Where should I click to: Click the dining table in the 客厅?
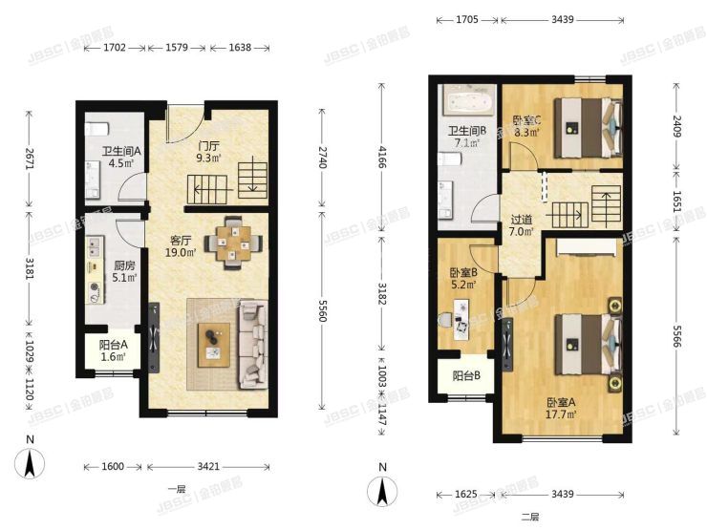click(x=233, y=244)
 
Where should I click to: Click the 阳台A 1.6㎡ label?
click(x=113, y=351)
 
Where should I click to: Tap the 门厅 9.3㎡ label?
click(x=208, y=152)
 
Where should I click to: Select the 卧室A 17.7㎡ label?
click(x=561, y=409)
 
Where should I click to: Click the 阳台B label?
click(x=466, y=375)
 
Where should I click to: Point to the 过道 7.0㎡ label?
click(x=522, y=225)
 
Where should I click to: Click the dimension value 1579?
click(x=177, y=47)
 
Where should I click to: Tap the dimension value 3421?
click(x=208, y=466)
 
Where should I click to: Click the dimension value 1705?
click(x=467, y=19)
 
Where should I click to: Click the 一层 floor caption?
click(x=177, y=489)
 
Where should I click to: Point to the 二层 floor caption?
click(x=530, y=517)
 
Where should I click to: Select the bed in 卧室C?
click(x=588, y=128)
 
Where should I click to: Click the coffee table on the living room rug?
click(x=214, y=345)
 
